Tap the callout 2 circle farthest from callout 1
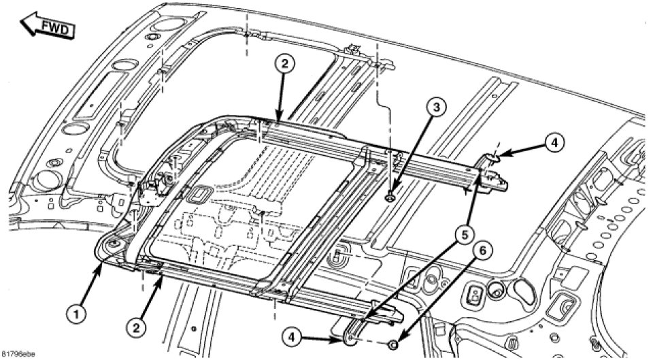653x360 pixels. (285, 65)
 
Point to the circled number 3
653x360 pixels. (436, 107)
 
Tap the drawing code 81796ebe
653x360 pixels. (18, 355)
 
